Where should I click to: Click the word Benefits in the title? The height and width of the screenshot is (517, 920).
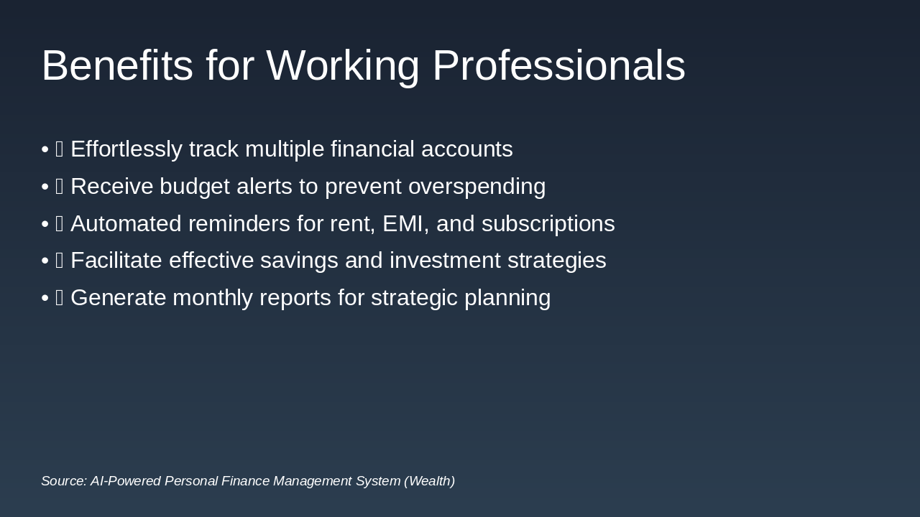[x=117, y=66]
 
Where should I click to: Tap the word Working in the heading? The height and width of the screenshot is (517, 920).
[x=342, y=66]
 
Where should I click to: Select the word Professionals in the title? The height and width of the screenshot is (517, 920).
[x=558, y=66]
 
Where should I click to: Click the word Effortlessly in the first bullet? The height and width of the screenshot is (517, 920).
[x=126, y=149]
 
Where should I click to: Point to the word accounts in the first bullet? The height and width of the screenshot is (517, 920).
[x=466, y=149]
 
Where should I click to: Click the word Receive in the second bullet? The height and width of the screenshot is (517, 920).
[x=111, y=187]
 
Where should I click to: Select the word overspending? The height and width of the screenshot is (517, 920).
[x=477, y=187]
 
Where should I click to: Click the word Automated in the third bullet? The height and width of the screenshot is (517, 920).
[x=126, y=224]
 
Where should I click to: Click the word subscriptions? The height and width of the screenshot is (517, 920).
[x=548, y=224]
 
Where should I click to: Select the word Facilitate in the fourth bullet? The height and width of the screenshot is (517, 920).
[x=116, y=261]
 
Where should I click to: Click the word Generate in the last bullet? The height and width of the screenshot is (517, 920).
[x=118, y=298]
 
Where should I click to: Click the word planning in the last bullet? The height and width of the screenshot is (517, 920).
[x=507, y=298]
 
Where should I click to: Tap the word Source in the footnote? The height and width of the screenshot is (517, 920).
[x=63, y=481]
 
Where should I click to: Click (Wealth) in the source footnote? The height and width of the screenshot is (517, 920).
[x=429, y=481]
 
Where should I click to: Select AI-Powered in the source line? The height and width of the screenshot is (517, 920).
[x=125, y=481]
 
